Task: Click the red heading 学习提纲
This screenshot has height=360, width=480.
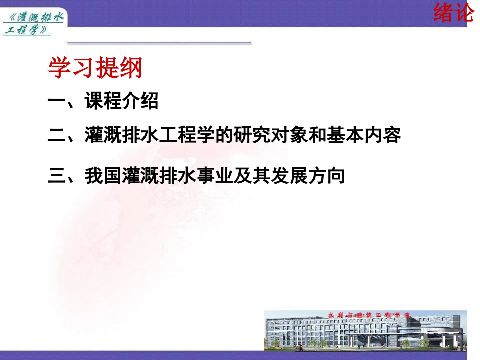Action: pyautogui.click(x=95, y=68)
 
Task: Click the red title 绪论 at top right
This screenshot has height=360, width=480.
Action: pyautogui.click(x=453, y=13)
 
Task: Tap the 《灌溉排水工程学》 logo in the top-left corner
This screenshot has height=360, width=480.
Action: pyautogui.click(x=33, y=24)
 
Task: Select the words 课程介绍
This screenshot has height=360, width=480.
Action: pyautogui.click(x=122, y=101)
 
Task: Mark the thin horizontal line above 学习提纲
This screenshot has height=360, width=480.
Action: pyautogui.click(x=159, y=43)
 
